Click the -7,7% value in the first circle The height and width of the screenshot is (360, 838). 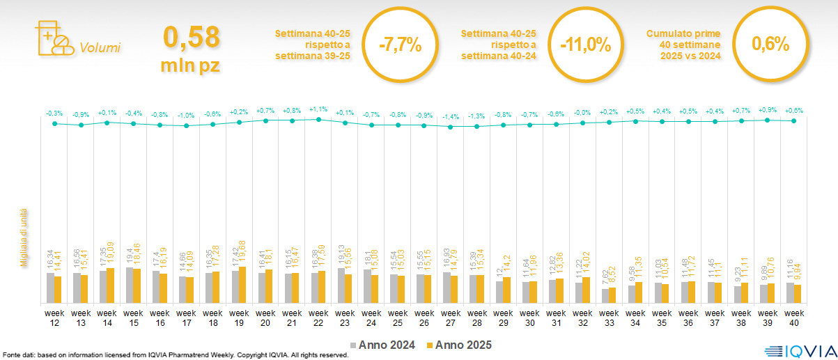(401, 45)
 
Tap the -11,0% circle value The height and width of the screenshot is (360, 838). (586, 45)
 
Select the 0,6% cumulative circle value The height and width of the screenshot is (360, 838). (770, 45)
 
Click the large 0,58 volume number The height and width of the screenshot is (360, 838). (191, 37)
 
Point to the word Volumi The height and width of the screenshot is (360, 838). (100, 48)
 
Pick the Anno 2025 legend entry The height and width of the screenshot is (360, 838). (459, 345)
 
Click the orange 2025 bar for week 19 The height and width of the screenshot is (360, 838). (243, 285)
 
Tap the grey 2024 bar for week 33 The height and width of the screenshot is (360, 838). (605, 296)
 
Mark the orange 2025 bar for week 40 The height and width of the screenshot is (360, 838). (798, 294)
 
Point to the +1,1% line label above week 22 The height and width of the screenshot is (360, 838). (318, 109)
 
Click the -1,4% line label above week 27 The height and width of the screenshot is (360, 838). (451, 117)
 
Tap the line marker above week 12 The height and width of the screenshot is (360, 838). (54, 123)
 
